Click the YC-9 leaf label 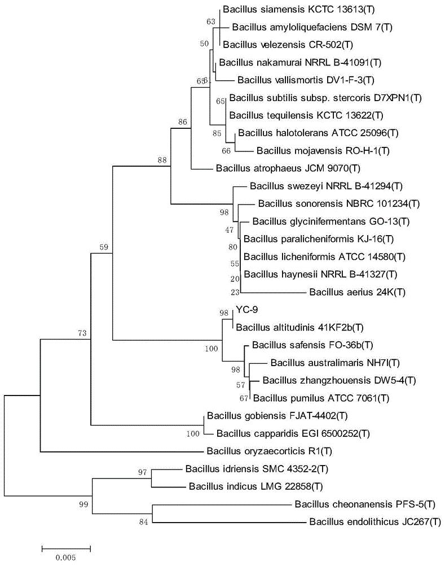247,310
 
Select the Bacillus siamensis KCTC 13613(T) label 298,10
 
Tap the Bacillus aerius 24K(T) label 357,292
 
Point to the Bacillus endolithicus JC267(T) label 375,521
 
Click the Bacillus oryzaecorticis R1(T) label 270,451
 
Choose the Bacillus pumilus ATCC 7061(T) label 321,398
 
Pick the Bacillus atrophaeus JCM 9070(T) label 288,168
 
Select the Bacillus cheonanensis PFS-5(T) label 365,504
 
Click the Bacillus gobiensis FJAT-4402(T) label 277,416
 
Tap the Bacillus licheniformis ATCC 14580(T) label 324,257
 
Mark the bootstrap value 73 82,333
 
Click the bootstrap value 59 104,247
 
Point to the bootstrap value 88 162,160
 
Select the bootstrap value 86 183,122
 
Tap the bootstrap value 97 143,472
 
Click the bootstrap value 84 143,521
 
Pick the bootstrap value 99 83,505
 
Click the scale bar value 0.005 66,558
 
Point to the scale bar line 66,549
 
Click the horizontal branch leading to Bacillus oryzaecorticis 122,451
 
